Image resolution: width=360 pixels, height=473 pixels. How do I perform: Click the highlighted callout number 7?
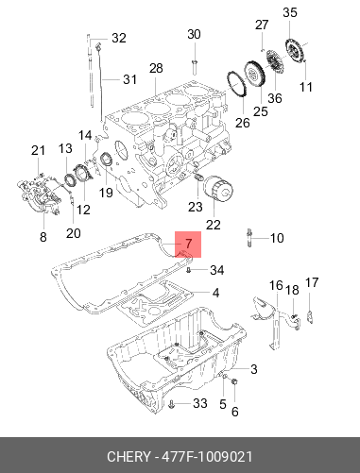click(188, 244)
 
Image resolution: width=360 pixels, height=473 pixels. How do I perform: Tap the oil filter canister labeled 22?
click(218, 190)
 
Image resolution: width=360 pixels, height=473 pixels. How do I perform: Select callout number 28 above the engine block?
click(156, 68)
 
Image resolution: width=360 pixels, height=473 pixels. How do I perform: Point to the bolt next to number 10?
click(249, 238)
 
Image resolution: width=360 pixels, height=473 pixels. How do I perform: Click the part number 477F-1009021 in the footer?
click(207, 457)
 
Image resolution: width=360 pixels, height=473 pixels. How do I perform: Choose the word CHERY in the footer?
click(129, 457)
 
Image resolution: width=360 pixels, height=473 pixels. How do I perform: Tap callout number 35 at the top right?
click(290, 12)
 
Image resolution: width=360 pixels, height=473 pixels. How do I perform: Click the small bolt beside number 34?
click(188, 270)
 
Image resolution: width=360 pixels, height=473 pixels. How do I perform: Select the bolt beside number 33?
click(171, 405)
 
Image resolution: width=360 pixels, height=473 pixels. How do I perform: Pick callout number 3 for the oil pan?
click(254, 369)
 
